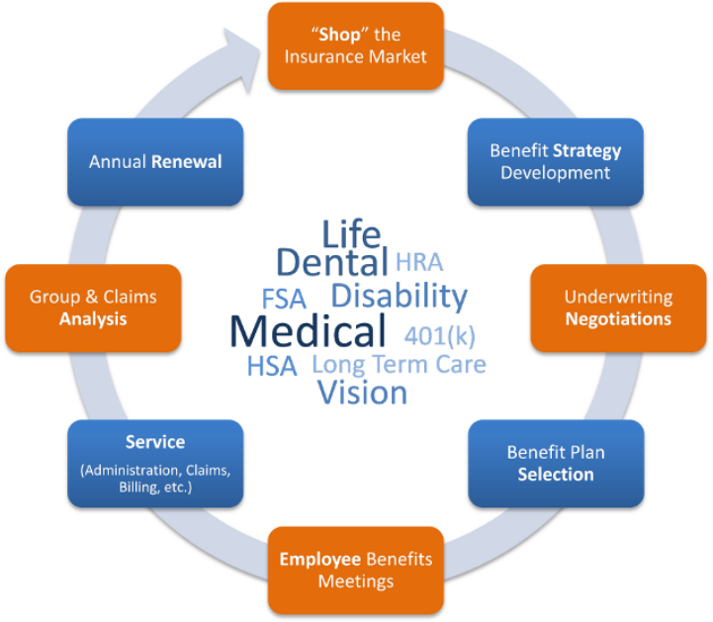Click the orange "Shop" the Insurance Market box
[355, 45]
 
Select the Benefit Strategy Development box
[555, 162]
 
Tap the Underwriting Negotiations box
[617, 308]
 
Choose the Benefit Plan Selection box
[555, 463]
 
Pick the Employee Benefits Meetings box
[355, 570]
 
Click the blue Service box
[154, 463]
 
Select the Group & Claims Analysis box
[93, 308]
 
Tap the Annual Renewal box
[154, 162]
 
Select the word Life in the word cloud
[350, 234]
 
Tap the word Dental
[331, 263]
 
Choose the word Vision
[362, 393]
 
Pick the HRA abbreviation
[419, 263]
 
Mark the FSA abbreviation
[284, 298]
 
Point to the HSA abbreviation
[271, 366]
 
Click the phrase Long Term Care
[399, 364]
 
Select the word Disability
[399, 296]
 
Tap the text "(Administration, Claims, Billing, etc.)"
[154, 479]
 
